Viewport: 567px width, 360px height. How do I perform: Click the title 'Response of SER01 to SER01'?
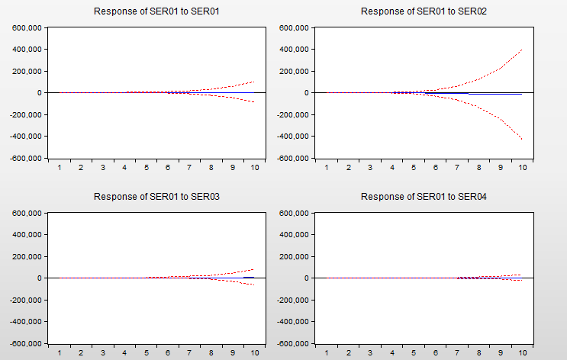[156, 11]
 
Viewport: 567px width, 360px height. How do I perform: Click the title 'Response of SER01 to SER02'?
[424, 11]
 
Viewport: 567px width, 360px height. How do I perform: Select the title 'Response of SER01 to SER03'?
[156, 197]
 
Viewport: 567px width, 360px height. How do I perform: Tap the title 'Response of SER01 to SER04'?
[424, 197]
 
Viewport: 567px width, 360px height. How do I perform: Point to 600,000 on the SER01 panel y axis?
[27, 28]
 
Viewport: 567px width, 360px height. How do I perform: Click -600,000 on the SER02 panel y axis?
[292, 159]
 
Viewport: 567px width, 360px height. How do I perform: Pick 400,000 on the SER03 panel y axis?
[27, 235]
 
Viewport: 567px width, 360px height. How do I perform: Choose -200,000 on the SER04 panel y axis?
[292, 301]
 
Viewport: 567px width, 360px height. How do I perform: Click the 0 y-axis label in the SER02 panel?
[304, 93]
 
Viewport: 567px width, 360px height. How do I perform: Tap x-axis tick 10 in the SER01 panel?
[255, 167]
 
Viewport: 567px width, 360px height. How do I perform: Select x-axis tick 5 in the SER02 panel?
[414, 167]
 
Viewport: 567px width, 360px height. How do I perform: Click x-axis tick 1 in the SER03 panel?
[60, 352]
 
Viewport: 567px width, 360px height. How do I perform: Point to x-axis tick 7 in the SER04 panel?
[457, 352]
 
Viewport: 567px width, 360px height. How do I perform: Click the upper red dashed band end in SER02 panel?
[521, 50]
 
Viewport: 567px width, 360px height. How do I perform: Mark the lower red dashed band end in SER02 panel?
[521, 138]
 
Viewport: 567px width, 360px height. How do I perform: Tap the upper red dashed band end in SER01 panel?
[254, 82]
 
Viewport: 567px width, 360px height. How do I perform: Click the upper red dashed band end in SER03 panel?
[254, 269]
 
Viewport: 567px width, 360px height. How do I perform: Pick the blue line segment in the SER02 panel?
[446, 93]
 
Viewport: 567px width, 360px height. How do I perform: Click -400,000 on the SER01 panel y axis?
[27, 137]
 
